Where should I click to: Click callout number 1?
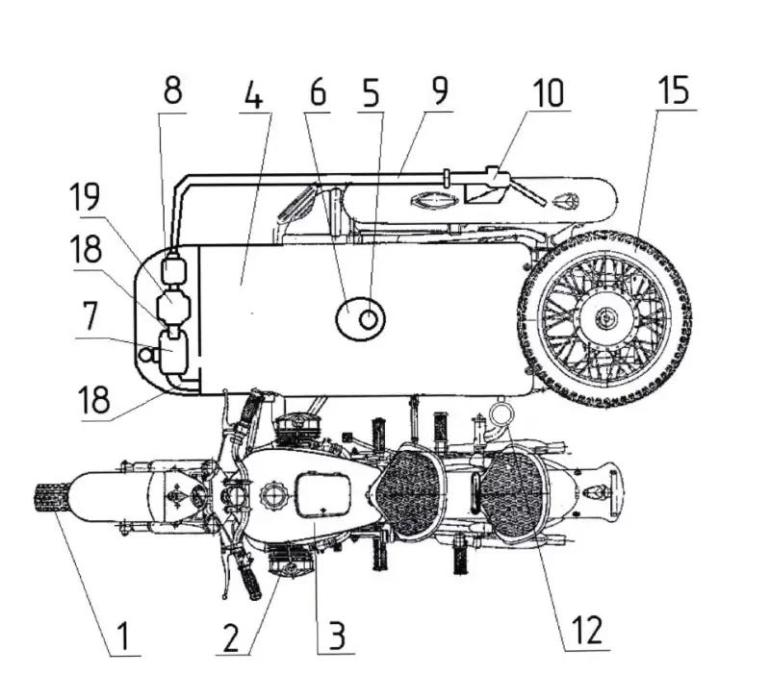pyautogui.click(x=122, y=635)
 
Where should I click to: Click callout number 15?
pyautogui.click(x=674, y=92)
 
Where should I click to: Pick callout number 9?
pyautogui.click(x=440, y=92)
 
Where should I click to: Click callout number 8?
pyautogui.click(x=172, y=92)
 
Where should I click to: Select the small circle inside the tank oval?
pyautogui.click(x=368, y=318)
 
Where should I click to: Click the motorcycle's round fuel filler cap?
pyautogui.click(x=270, y=498)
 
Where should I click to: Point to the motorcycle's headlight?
pyautogui.click(x=228, y=495)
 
